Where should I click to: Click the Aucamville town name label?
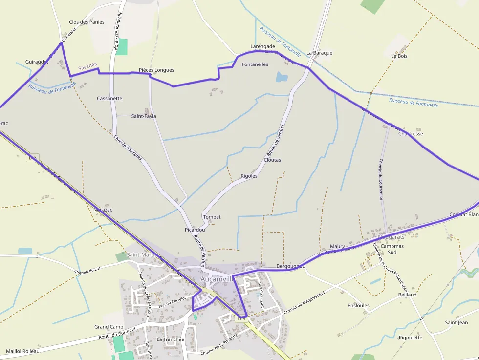pos(218,278)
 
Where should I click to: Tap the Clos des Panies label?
pos(87,22)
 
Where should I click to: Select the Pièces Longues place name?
pos(156,70)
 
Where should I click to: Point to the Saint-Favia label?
pos(144,116)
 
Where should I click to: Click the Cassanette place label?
pos(109,98)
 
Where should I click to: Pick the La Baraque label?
pos(319,53)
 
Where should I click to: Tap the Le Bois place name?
pos(399,56)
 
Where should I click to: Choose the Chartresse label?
pos(411,133)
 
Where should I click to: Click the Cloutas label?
pos(272,160)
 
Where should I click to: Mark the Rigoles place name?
pos(249,176)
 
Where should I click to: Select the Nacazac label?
pos(103,210)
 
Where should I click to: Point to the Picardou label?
pos(195,230)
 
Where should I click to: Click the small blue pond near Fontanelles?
pos(282,77)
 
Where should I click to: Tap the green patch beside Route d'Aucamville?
pos(121,46)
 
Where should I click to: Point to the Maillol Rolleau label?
pos(23,351)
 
